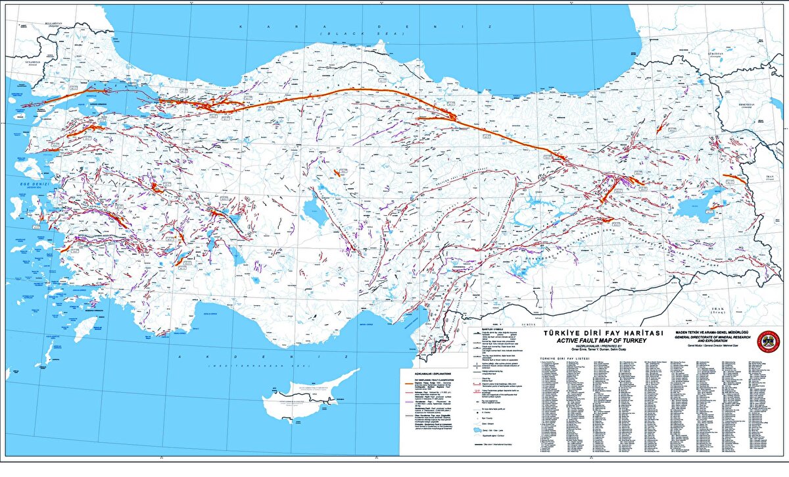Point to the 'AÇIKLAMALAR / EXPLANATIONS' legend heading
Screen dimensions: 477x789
(437, 372)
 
